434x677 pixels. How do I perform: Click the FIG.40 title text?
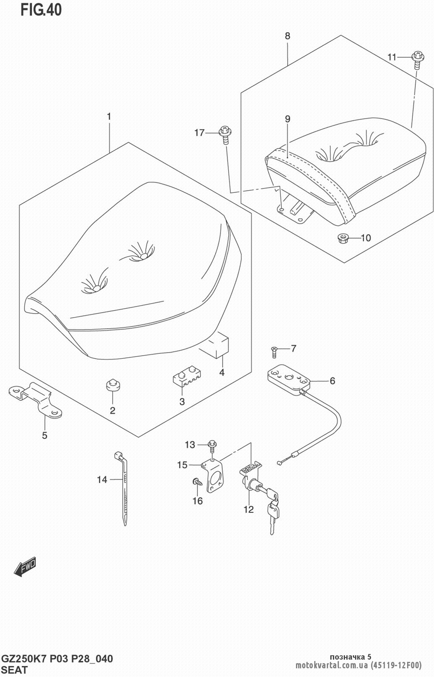click(x=41, y=10)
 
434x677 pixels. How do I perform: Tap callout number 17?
click(x=199, y=133)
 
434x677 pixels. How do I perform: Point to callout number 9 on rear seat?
click(x=288, y=119)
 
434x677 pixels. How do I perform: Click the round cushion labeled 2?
click(x=113, y=385)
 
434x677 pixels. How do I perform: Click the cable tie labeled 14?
click(x=122, y=486)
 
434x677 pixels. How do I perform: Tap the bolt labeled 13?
click(x=212, y=446)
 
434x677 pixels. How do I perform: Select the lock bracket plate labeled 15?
click(x=214, y=477)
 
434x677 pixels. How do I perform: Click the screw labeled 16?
click(x=197, y=482)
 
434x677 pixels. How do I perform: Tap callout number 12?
click(x=248, y=510)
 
